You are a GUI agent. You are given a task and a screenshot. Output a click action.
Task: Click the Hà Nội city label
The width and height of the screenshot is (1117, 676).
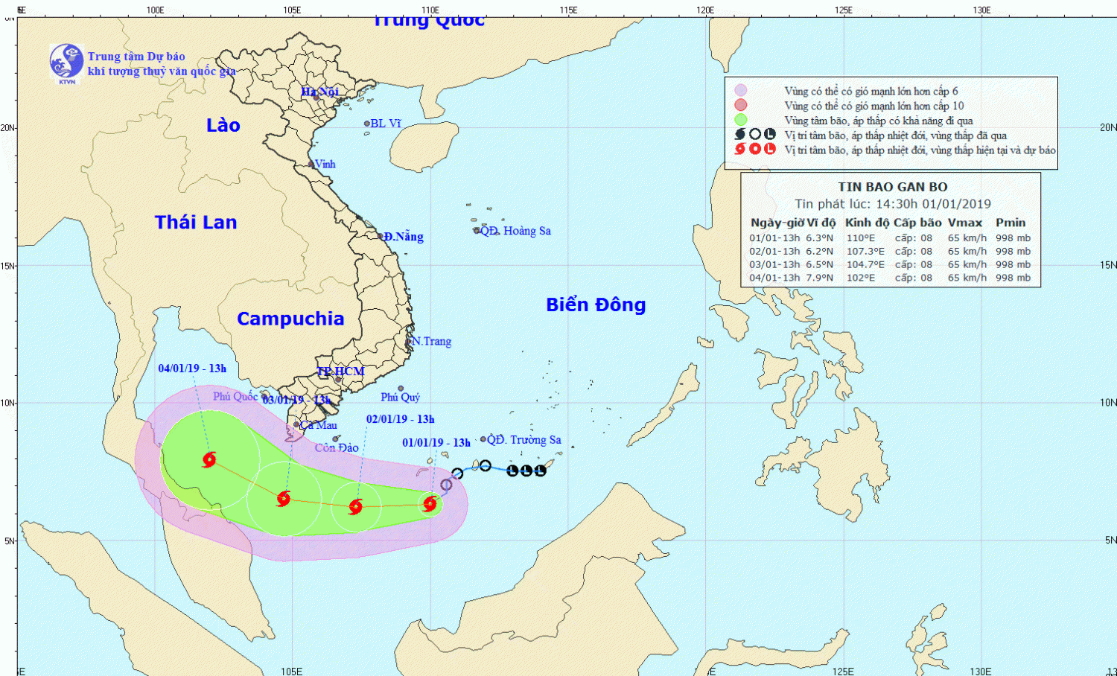(319, 92)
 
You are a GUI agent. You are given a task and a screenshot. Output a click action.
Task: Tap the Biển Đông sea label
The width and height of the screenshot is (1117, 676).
(596, 304)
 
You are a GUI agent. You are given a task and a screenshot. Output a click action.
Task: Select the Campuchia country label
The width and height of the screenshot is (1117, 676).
(290, 319)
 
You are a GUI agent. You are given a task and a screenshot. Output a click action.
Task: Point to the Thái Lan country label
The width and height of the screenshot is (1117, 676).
(196, 222)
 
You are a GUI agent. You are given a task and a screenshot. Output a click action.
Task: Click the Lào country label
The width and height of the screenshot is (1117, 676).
(223, 125)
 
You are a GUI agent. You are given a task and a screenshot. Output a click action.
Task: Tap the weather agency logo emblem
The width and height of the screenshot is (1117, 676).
(66, 62)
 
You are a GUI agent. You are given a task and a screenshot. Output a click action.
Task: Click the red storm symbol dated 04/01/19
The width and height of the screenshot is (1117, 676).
(209, 459)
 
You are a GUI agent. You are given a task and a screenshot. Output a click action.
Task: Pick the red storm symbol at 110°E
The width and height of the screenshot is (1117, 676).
(430, 504)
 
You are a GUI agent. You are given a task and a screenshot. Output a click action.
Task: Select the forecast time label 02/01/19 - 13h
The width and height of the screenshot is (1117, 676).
(400, 419)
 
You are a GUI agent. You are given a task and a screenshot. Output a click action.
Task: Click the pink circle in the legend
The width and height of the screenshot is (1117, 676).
(740, 105)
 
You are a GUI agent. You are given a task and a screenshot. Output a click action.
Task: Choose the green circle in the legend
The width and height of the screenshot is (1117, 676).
(740, 120)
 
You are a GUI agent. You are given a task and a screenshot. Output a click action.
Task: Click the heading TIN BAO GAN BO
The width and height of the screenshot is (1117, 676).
(892, 187)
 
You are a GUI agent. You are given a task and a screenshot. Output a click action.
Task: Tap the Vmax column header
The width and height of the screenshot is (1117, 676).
(964, 223)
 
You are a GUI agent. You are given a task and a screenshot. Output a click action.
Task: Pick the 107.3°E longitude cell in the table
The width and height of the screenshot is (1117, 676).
(865, 252)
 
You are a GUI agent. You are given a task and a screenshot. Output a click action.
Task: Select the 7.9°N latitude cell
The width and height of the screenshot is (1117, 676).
(819, 278)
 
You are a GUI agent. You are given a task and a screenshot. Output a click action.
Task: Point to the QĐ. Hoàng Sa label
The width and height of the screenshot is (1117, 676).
(515, 231)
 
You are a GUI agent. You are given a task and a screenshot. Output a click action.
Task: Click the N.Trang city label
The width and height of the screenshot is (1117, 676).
(431, 341)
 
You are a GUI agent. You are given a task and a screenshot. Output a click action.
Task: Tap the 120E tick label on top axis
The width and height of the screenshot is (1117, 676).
(705, 10)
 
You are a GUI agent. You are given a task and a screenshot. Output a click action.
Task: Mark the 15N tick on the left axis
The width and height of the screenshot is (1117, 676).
(8, 266)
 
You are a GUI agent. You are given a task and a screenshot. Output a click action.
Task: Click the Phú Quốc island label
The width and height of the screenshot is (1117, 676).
(235, 396)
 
